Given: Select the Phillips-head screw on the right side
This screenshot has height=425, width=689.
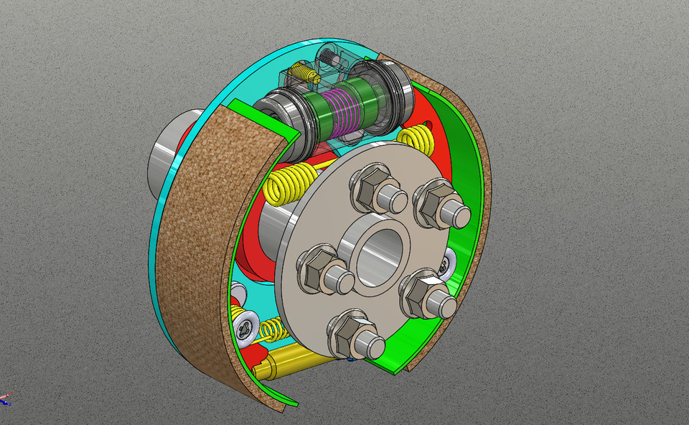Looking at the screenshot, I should (x=449, y=265).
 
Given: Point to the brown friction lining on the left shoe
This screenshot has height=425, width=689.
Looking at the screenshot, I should (x=208, y=237).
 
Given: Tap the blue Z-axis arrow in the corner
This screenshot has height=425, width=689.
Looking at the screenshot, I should (x=6, y=396).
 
